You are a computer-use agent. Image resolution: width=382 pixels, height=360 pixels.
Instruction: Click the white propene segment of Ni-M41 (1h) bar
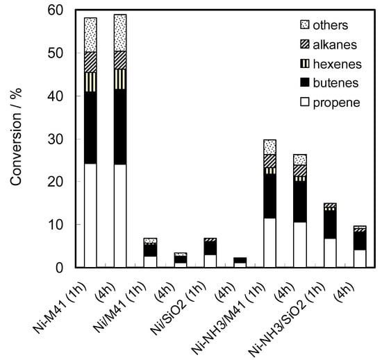[90, 216]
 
